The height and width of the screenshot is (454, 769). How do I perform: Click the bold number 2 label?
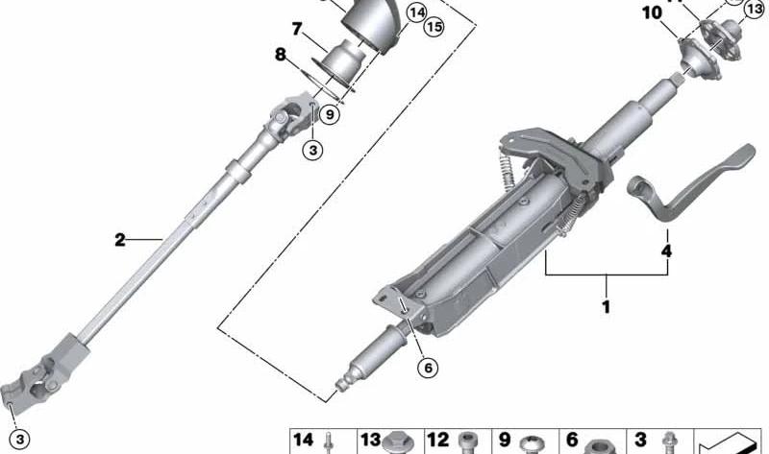click(120, 240)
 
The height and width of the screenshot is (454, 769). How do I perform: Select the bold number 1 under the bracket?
click(607, 307)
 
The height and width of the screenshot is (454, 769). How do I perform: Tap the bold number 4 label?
click(666, 251)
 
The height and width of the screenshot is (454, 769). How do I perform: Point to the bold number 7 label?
click(297, 30)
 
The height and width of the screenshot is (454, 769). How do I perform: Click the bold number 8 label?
click(281, 55)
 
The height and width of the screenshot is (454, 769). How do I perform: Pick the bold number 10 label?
click(652, 13)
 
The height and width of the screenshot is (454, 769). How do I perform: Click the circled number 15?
click(434, 27)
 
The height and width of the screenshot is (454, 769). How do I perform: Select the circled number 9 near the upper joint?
click(330, 115)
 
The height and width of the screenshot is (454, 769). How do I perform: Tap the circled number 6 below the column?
click(428, 368)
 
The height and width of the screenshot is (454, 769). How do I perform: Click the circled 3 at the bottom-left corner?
click(19, 439)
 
